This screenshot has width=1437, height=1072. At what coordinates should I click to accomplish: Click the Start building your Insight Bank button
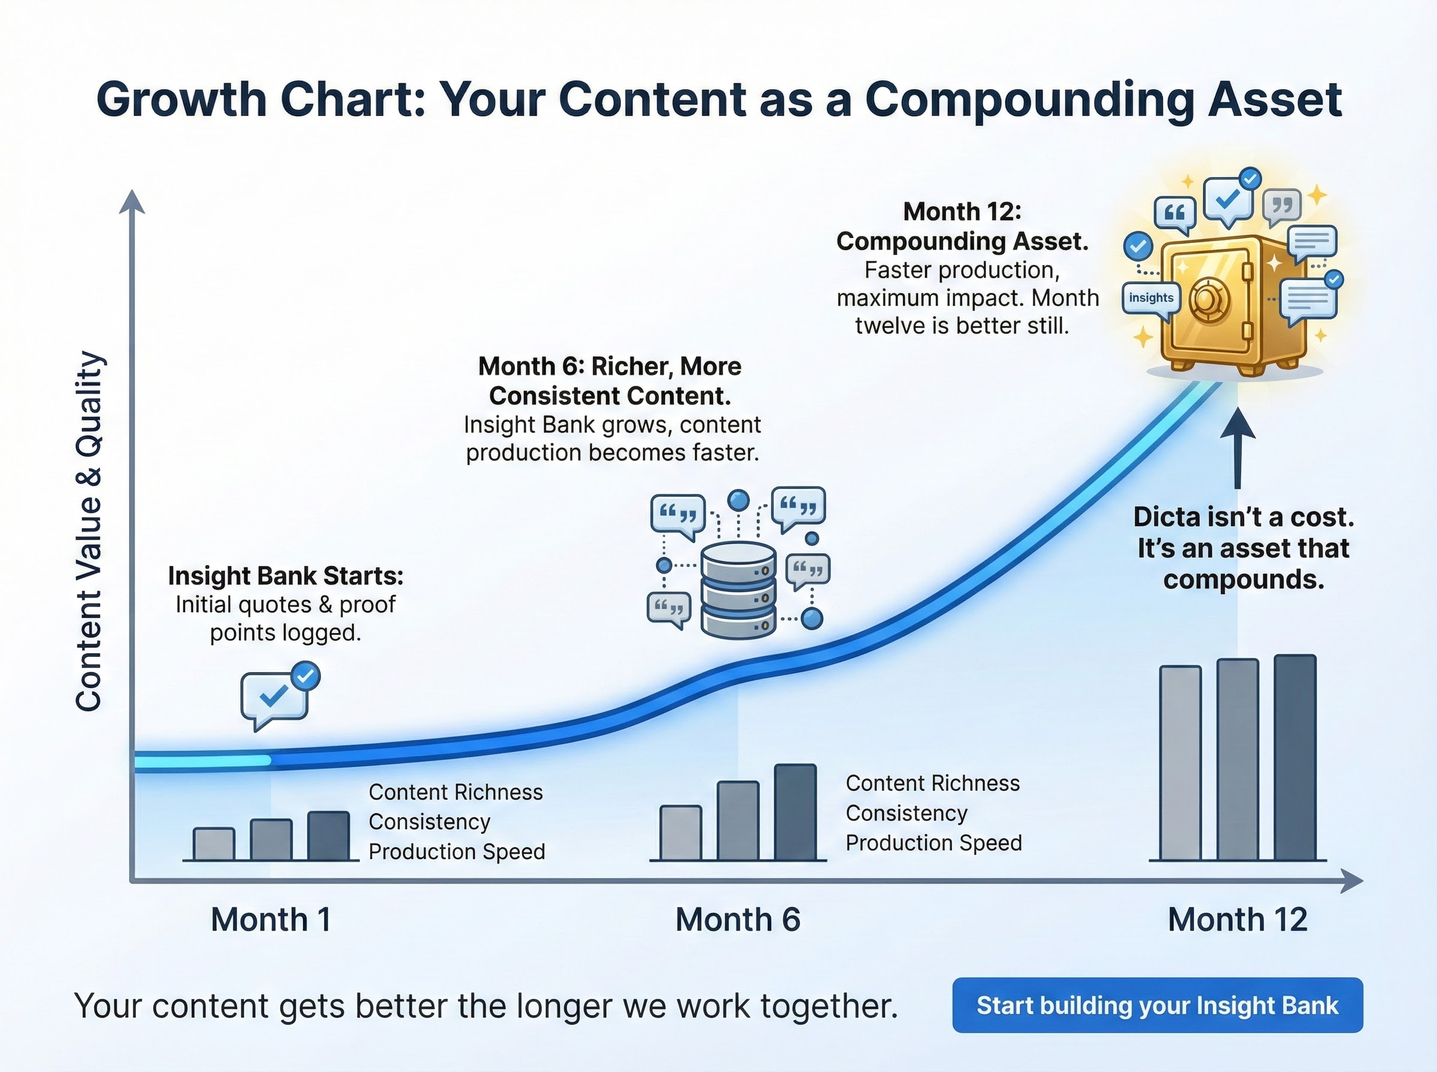1157,1005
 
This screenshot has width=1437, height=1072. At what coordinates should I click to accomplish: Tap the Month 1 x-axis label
271,919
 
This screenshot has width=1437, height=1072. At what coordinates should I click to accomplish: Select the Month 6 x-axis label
738,919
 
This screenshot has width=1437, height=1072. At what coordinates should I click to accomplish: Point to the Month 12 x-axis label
1237,919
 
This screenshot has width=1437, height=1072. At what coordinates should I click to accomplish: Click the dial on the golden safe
1209,300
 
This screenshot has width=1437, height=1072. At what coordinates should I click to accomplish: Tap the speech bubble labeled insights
1151,298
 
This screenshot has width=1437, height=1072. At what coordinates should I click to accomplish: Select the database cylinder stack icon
738,590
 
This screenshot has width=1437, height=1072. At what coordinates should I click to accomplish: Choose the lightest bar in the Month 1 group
214,844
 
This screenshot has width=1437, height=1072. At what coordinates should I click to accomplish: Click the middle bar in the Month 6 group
738,821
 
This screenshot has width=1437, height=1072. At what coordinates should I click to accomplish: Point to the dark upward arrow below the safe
1237,447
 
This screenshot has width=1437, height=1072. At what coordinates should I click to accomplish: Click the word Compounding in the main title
1029,100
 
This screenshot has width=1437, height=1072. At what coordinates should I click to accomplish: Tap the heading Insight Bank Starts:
286,576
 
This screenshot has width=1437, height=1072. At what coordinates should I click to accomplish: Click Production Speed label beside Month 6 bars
933,843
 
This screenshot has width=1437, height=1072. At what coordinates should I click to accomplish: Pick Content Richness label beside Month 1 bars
455,792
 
